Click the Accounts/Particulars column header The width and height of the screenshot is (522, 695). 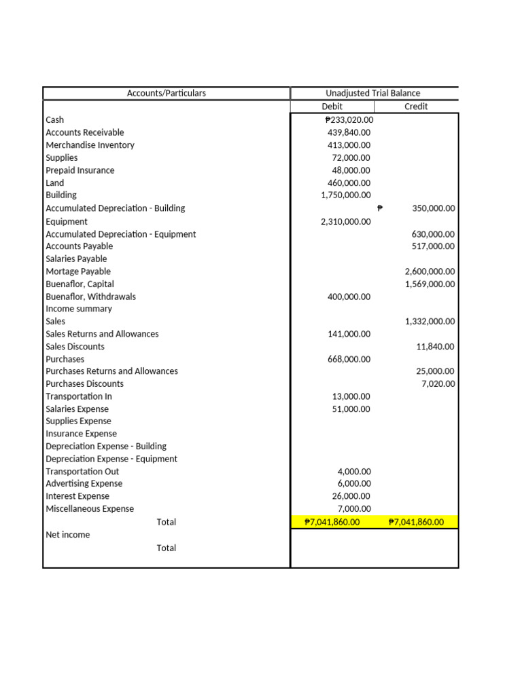(x=167, y=93)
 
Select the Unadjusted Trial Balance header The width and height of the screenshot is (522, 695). (x=373, y=93)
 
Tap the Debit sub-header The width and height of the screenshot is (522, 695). (x=332, y=107)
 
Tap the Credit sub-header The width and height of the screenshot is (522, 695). (x=416, y=107)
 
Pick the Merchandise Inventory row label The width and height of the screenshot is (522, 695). (x=90, y=145)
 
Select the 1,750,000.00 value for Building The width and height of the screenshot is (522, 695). (x=345, y=195)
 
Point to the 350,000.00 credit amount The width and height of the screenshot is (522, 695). (x=433, y=209)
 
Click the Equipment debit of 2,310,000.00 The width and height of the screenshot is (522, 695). (x=345, y=221)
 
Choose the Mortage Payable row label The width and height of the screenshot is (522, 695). (x=78, y=271)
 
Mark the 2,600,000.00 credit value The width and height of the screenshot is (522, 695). (x=430, y=271)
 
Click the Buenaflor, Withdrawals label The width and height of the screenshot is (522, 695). (x=90, y=297)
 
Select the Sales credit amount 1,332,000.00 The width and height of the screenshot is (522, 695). (x=430, y=322)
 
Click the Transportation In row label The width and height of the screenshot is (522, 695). (x=79, y=396)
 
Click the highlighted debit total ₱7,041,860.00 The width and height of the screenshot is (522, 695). (x=332, y=523)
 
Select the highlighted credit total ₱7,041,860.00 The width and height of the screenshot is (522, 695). (x=416, y=523)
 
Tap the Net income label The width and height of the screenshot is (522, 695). (x=67, y=535)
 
